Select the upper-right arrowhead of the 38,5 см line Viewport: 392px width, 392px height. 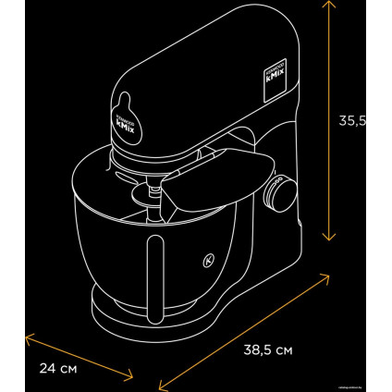coord(328,274)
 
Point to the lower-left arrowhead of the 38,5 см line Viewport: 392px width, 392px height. coord(159,386)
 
